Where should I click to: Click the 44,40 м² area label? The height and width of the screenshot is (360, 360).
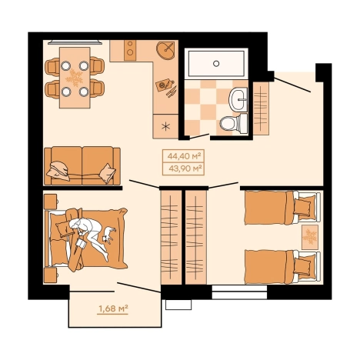[x=184, y=155]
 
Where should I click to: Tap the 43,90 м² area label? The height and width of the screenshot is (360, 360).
[x=185, y=168]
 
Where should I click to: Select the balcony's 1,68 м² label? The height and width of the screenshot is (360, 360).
[x=113, y=308]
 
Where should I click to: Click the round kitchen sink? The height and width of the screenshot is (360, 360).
[x=166, y=51]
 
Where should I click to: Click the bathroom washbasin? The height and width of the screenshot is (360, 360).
[x=238, y=99]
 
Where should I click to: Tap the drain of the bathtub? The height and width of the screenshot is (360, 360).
[x=216, y=63]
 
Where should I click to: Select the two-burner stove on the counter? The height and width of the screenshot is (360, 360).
[x=130, y=50]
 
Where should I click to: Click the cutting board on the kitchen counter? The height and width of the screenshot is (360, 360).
[x=164, y=85]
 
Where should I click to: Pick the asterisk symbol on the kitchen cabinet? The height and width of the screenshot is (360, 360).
[x=166, y=126]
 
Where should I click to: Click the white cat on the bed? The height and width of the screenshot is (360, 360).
[x=108, y=235]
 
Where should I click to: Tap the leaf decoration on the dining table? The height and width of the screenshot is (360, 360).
[x=75, y=77]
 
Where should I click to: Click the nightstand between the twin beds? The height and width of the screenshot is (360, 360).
[x=310, y=237]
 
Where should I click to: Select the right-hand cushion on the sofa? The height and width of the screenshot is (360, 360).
[x=108, y=173]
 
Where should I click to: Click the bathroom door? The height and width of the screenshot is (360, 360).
[x=199, y=136]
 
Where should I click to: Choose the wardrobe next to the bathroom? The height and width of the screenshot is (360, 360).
[x=261, y=108]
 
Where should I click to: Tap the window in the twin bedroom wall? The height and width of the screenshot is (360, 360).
[x=239, y=292]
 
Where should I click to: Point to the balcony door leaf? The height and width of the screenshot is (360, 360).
[x=139, y=287]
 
